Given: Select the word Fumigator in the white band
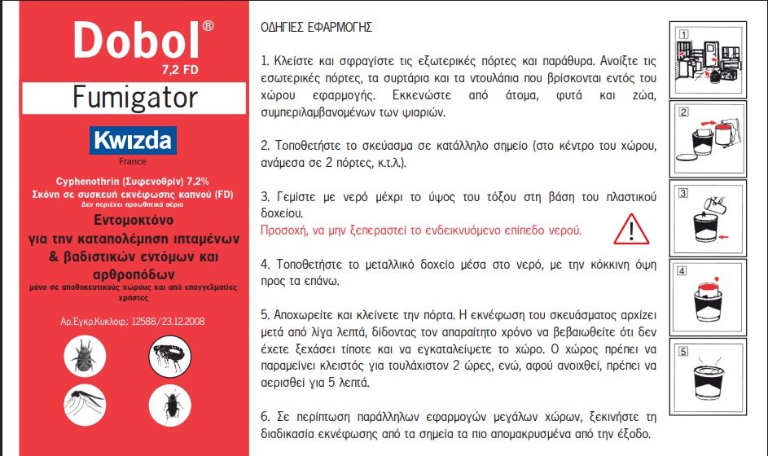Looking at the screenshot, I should (135, 98).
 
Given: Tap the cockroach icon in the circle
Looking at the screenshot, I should (169, 405).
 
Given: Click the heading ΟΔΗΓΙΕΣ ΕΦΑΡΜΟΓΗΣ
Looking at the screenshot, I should (316, 27).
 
